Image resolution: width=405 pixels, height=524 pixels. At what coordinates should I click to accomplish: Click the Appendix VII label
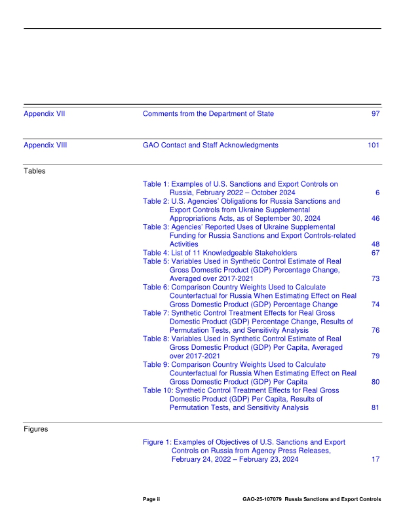[45, 114]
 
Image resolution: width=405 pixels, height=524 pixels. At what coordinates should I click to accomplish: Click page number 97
[376, 114]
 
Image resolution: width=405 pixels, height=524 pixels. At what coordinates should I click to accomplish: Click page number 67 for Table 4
[376, 252]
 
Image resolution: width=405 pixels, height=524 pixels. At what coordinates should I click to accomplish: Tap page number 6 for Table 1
[378, 193]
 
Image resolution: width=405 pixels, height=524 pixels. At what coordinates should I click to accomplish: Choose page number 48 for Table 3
[376, 244]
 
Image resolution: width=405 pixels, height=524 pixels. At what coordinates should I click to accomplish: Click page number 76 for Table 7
[376, 330]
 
